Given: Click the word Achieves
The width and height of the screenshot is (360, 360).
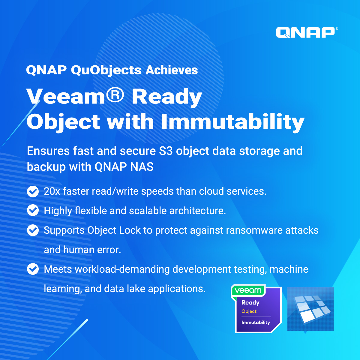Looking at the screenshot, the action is [x=172, y=70].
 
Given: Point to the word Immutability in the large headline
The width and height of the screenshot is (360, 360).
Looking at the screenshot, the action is [x=233, y=121].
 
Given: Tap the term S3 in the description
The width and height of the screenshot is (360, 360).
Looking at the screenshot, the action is [x=166, y=151].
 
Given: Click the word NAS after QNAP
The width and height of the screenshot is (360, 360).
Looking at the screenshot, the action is [x=142, y=167].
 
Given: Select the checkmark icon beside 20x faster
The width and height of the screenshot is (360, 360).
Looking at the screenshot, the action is [x=33, y=191].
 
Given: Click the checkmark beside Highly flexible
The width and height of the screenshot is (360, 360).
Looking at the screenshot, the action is [x=33, y=210].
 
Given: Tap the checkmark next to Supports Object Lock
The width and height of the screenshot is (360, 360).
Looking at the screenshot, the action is [x=33, y=230].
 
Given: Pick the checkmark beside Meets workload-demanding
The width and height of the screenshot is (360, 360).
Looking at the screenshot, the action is [x=33, y=269].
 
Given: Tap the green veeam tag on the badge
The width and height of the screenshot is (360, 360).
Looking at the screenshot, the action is [x=248, y=290].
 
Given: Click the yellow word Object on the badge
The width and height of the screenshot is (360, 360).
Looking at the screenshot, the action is [x=249, y=311].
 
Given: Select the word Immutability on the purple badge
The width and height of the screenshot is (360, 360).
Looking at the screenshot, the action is [x=256, y=322].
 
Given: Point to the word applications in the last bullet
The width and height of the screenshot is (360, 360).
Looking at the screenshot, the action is [x=177, y=289].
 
